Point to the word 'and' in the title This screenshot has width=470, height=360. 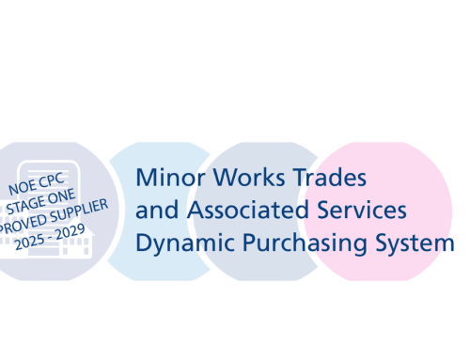click(x=153, y=210)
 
